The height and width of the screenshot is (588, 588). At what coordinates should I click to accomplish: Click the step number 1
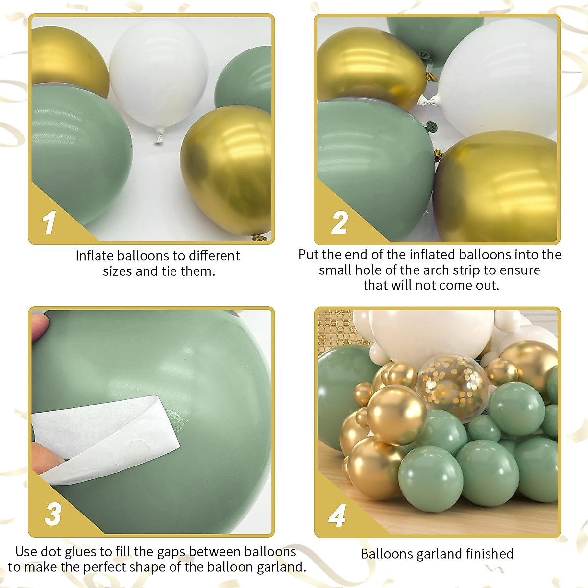(49, 223)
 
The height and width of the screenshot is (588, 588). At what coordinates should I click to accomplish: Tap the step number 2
(339, 223)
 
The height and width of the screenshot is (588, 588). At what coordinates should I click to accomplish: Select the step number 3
(53, 514)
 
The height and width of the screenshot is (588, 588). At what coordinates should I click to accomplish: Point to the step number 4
(338, 516)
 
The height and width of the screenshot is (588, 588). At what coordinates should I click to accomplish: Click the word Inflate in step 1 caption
(94, 256)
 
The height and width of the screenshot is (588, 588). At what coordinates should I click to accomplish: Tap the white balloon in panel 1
(158, 73)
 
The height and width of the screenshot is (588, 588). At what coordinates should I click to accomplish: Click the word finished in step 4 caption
(490, 554)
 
